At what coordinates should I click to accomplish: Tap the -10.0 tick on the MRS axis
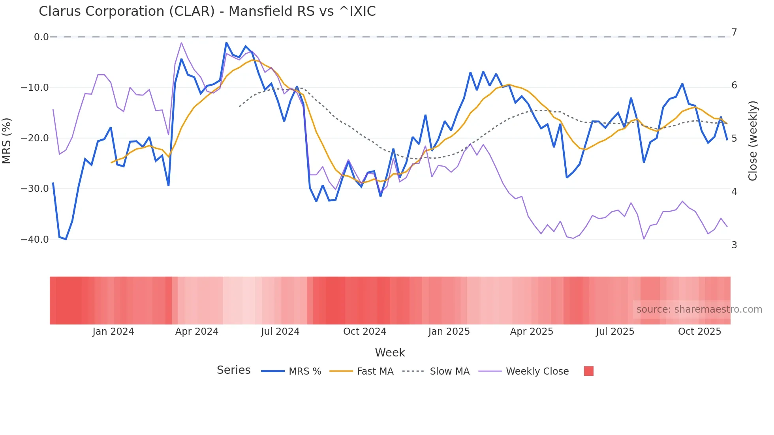click(x=35, y=88)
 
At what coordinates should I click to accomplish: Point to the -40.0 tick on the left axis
click(x=35, y=240)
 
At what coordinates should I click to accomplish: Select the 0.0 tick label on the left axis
click(x=41, y=37)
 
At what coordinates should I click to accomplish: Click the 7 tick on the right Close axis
click(x=734, y=32)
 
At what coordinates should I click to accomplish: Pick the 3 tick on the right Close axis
click(x=734, y=245)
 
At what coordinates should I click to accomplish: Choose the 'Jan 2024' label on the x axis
click(x=113, y=332)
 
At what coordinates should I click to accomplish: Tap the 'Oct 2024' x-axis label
click(x=364, y=332)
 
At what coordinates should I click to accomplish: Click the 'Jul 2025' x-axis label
click(x=615, y=332)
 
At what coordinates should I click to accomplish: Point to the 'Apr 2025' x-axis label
click(x=532, y=332)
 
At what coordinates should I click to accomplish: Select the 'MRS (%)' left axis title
click(x=7, y=141)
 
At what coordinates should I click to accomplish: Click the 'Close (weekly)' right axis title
click(x=753, y=141)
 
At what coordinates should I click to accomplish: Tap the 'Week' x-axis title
click(x=390, y=352)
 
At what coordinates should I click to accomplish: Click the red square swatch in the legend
click(x=588, y=371)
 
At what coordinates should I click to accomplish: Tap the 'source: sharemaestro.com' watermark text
click(x=699, y=309)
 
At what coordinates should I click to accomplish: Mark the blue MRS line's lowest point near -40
click(x=66, y=239)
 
